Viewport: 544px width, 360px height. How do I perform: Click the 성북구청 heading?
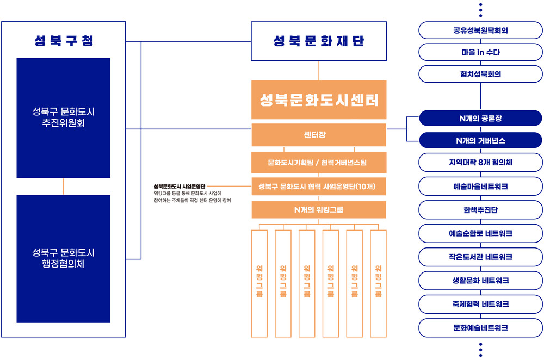(64, 41)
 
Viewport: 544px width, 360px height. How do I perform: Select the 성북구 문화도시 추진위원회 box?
(64, 118)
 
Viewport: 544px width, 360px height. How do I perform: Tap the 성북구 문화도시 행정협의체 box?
(64, 259)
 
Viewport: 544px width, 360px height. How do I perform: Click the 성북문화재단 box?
(319, 41)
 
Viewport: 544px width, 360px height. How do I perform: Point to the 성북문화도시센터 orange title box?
(319, 100)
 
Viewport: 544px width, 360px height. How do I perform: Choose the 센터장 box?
(319, 134)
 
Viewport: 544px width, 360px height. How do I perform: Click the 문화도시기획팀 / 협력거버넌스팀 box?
(319, 162)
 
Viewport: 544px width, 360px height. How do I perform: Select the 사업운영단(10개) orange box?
(319, 186)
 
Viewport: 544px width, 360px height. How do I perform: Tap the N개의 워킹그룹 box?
(319, 209)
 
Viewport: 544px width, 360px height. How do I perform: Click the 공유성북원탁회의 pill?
(480, 30)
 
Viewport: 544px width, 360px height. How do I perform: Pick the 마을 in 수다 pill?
(480, 52)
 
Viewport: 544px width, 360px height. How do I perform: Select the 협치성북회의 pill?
(480, 74)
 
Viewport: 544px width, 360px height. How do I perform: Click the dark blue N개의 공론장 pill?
(480, 118)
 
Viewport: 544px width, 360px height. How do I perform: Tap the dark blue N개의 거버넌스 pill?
(480, 140)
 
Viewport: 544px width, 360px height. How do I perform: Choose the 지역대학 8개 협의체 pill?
(480, 162)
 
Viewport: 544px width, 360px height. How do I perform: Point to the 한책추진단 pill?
(480, 210)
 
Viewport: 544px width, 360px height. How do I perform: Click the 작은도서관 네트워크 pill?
(480, 257)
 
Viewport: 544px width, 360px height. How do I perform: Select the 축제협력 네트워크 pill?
(480, 304)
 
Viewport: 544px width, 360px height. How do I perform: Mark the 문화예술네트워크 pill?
(480, 328)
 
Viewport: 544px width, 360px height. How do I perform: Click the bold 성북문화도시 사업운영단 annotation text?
(180, 186)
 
